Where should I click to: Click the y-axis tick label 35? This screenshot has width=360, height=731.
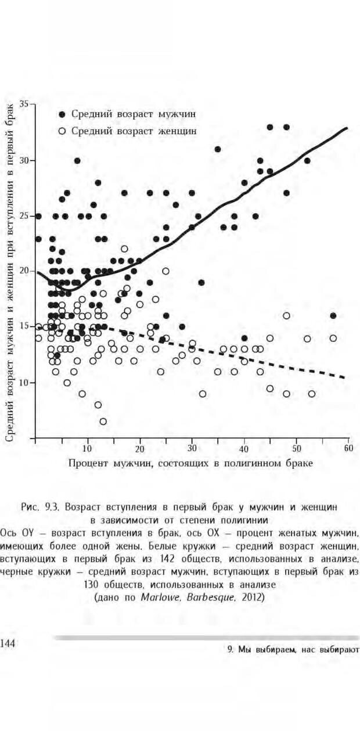[x=25, y=104]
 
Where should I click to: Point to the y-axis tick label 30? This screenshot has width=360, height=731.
[x=25, y=160]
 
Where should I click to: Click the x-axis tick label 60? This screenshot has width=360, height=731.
[x=348, y=449]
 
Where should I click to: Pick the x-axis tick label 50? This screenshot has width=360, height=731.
[x=296, y=449]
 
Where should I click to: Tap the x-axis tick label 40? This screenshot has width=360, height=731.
[x=244, y=449]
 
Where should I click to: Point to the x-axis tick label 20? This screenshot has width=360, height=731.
[x=139, y=449]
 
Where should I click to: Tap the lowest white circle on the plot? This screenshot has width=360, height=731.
[x=103, y=422]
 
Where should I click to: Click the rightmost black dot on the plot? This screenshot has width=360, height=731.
[x=333, y=316]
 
